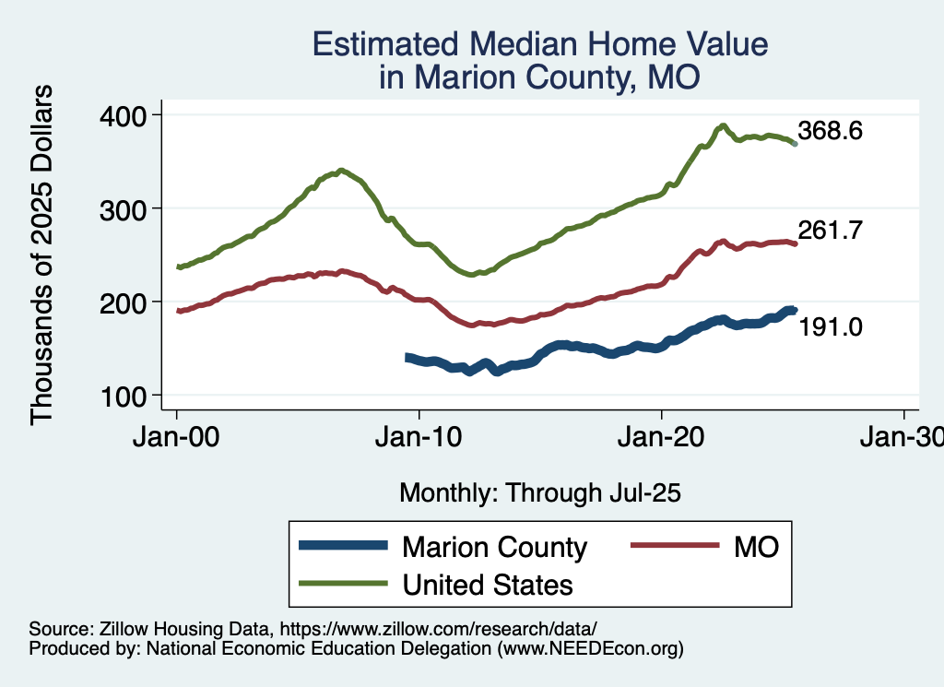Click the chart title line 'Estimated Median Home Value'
(540, 44)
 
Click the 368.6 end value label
(831, 131)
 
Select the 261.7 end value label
(831, 231)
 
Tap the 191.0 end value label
(831, 326)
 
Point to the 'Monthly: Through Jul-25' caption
(540, 493)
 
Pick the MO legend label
(757, 547)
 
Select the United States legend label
(488, 585)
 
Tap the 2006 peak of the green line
(342, 171)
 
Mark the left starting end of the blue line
(407, 356)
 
